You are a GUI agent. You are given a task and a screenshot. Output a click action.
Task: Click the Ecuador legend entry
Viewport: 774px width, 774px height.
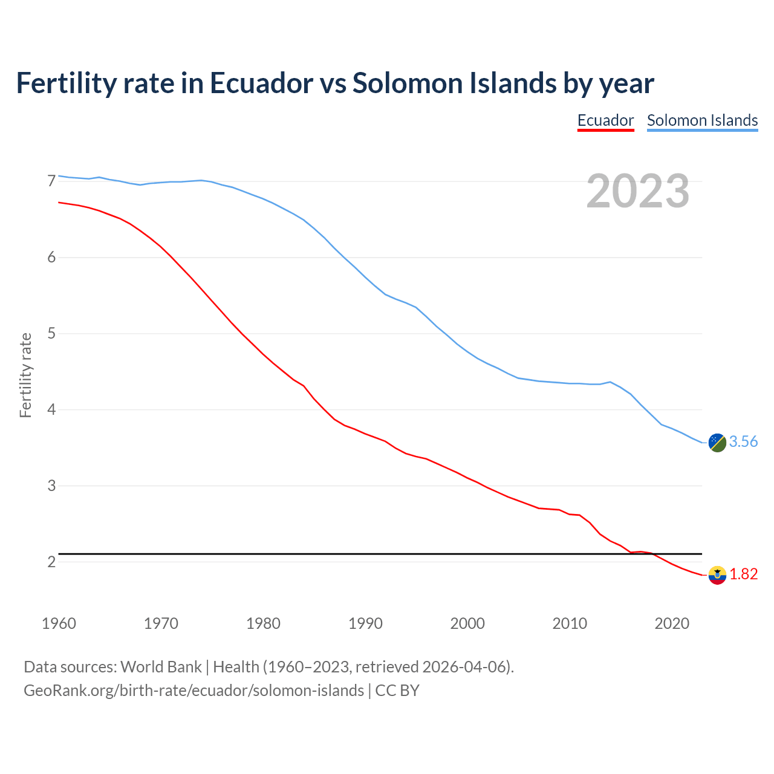(605, 120)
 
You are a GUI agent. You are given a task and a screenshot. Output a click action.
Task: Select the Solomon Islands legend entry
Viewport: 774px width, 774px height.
(702, 120)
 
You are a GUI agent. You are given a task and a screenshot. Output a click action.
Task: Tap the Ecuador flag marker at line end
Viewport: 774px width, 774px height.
(717, 575)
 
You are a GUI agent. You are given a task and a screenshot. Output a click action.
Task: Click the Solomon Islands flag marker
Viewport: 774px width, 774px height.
(717, 443)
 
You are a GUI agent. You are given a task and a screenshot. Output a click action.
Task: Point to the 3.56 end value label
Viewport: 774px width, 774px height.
(743, 442)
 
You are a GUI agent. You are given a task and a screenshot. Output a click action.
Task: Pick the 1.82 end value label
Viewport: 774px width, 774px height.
(743, 574)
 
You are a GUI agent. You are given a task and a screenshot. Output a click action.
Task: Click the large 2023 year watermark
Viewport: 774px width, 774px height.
(638, 191)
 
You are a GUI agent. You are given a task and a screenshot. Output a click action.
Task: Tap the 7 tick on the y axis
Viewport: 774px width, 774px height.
(51, 181)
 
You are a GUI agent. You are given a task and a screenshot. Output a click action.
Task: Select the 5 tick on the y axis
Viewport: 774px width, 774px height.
(51, 334)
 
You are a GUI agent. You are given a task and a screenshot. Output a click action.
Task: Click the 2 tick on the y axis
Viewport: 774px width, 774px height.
(51, 562)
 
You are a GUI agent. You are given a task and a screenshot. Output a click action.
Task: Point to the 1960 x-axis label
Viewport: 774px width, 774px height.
(59, 623)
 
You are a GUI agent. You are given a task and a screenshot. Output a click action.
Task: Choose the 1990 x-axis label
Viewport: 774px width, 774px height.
(365, 623)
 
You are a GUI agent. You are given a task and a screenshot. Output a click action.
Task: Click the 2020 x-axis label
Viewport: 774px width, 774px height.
(672, 623)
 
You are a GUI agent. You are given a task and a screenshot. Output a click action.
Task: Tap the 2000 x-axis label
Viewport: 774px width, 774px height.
(467, 623)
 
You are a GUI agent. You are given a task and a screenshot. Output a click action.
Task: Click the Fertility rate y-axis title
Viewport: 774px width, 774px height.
(25, 375)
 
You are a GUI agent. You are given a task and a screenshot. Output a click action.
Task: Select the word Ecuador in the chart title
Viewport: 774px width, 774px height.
(261, 83)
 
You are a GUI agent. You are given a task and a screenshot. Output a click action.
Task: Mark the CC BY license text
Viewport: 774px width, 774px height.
(397, 691)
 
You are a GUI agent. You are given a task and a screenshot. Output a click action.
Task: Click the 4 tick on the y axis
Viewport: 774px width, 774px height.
(51, 410)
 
